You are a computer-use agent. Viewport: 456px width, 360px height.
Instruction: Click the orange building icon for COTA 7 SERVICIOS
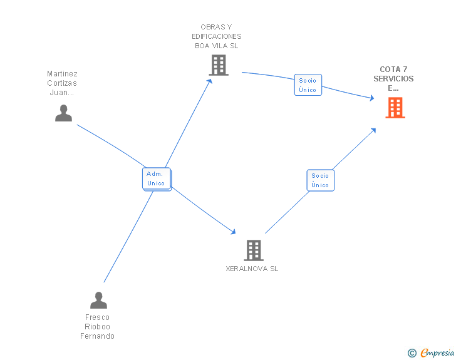point(395,108)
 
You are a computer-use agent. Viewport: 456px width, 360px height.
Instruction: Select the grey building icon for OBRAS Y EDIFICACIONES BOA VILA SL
point(218,65)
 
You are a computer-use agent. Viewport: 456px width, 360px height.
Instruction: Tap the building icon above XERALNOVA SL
point(253,250)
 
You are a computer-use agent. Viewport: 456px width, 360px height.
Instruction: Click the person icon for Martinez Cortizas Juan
point(63,113)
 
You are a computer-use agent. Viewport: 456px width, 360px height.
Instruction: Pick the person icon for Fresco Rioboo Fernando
point(98,301)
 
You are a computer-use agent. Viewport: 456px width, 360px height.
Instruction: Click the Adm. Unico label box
point(156,178)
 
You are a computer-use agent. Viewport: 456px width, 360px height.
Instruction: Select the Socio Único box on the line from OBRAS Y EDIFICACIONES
point(308,85)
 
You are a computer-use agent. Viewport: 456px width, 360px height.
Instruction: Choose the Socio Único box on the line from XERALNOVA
point(320,180)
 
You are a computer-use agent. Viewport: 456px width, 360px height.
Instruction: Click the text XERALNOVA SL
point(252,269)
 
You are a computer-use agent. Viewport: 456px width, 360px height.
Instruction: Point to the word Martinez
point(62,74)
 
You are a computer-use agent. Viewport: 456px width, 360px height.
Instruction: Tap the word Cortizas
point(62,83)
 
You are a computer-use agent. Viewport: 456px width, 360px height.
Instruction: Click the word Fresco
point(97,317)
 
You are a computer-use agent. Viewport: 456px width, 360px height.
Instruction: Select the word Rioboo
point(97,327)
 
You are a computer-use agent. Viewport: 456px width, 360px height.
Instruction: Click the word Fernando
point(97,336)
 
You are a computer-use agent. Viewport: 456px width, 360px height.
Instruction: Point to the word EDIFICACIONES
point(216,36)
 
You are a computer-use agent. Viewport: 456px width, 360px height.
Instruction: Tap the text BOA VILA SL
point(216,46)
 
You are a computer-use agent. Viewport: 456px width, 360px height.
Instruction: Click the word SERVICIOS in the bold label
point(393,79)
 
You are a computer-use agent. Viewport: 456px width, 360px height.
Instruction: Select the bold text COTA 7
point(393,69)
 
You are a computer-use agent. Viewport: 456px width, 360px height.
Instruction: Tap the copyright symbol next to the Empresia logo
point(412,353)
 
